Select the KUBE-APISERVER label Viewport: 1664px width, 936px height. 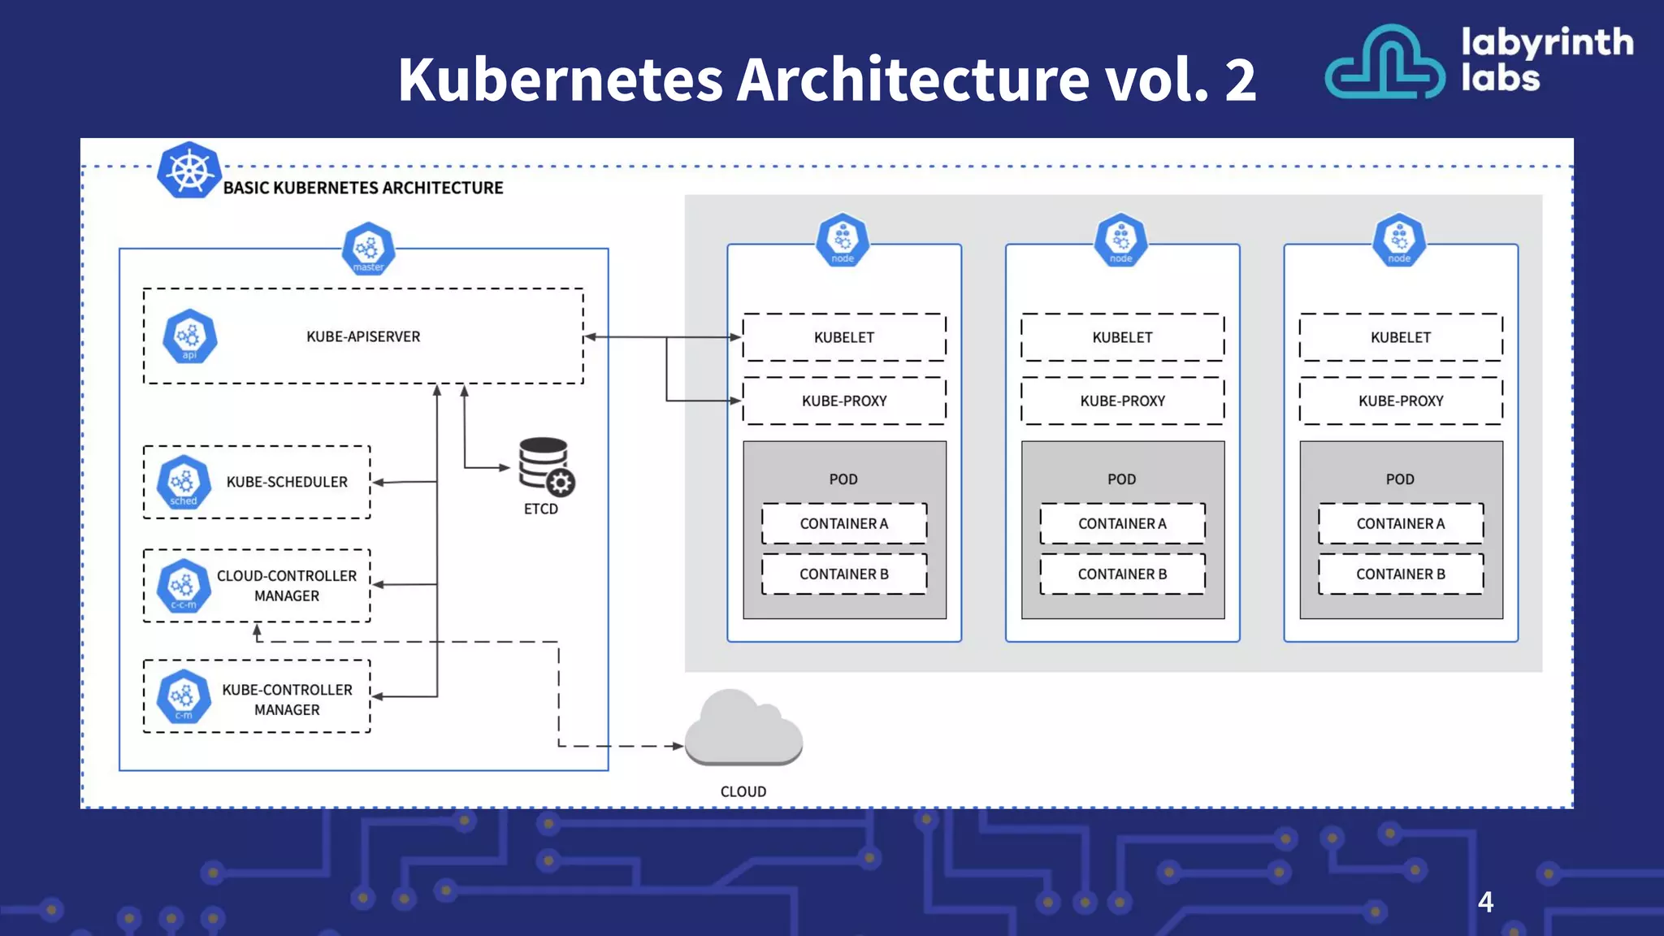coord(363,336)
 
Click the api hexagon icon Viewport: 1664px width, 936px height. coord(189,336)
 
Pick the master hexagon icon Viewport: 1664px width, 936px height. coord(368,249)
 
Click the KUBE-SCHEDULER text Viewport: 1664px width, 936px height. coord(287,482)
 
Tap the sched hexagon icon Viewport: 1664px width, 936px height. coord(184,483)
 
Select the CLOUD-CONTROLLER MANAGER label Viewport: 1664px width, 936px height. coord(287,586)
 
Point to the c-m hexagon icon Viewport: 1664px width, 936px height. coord(184,697)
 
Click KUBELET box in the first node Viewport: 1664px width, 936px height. coord(844,337)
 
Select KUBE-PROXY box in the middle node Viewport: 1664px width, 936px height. coord(1122,401)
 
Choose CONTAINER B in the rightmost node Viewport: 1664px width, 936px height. coord(1401,574)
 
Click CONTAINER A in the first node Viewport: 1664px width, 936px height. coord(844,524)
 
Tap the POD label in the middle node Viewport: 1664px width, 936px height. coord(1122,479)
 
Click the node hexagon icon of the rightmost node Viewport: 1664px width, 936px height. coord(1399,240)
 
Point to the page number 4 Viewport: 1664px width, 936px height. coord(1485,902)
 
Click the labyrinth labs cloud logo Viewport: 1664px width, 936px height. coord(1384,63)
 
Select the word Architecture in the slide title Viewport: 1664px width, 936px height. coord(914,80)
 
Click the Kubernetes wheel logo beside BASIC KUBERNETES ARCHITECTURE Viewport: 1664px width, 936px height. coord(188,171)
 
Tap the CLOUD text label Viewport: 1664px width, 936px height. coord(743,791)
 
